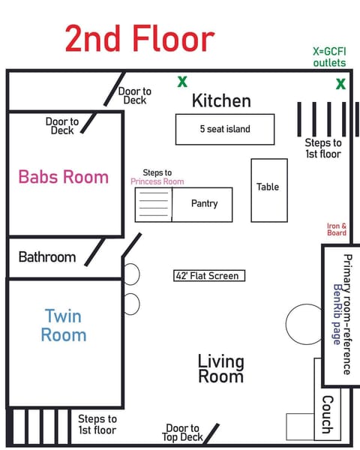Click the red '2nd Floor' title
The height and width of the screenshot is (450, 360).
click(x=139, y=39)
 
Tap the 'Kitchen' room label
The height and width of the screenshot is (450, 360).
click(x=221, y=100)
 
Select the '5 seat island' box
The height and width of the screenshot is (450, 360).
click(x=225, y=129)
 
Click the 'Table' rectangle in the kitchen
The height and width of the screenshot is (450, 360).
click(x=268, y=187)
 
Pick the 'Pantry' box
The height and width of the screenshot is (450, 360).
click(x=204, y=203)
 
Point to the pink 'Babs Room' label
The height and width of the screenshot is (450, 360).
click(x=64, y=177)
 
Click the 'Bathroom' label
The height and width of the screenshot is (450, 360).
click(x=47, y=257)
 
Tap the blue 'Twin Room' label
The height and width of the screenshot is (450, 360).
click(x=63, y=325)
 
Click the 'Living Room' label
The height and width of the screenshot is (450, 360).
click(x=220, y=368)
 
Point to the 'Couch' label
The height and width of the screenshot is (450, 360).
click(x=327, y=415)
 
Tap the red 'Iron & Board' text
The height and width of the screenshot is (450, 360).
click(x=337, y=229)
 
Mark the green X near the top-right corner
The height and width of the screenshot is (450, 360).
click(x=341, y=84)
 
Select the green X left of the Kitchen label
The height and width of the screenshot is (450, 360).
click(x=182, y=82)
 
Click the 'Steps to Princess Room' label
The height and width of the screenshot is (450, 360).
click(x=157, y=177)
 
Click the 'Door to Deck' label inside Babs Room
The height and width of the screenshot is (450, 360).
click(x=62, y=125)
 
